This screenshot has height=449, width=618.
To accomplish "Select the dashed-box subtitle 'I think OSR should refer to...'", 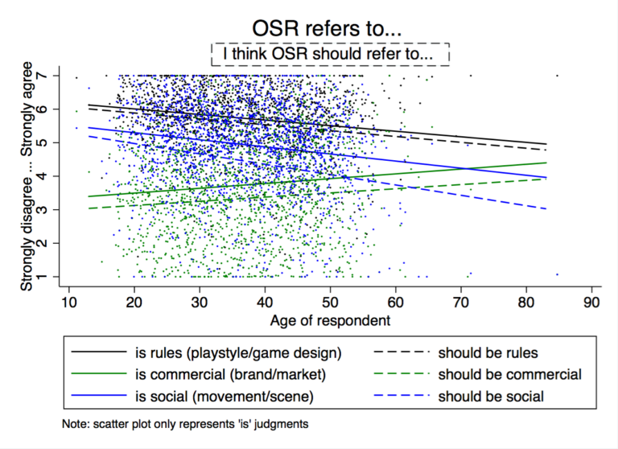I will (x=329, y=54).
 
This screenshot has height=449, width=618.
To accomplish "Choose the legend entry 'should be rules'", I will (x=487, y=352).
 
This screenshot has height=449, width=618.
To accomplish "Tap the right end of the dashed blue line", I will (x=547, y=209).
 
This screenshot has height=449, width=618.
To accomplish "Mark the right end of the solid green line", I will (x=547, y=163).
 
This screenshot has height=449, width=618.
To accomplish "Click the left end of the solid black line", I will (x=89, y=105).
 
